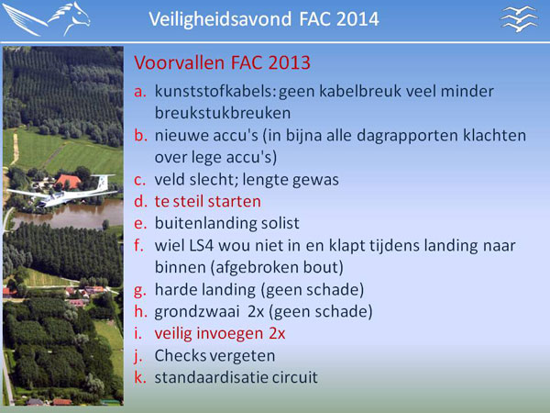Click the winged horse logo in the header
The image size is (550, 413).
coord(47,19)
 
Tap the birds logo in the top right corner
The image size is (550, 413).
coord(520,19)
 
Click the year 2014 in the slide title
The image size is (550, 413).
coord(357,19)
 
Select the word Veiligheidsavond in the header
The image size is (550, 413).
coord(220,19)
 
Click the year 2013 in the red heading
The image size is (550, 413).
coord(289,63)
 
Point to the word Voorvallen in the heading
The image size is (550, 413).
coord(180,62)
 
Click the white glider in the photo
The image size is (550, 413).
coord(61,192)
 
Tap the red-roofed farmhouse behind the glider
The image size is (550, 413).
coord(68,181)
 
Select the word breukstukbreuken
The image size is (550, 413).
coord(223,113)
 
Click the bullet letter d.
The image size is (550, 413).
coord(140,202)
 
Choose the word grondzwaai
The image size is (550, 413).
coord(197,312)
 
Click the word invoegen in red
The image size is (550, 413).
coord(230,334)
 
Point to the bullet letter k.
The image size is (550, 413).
coord(140,377)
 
